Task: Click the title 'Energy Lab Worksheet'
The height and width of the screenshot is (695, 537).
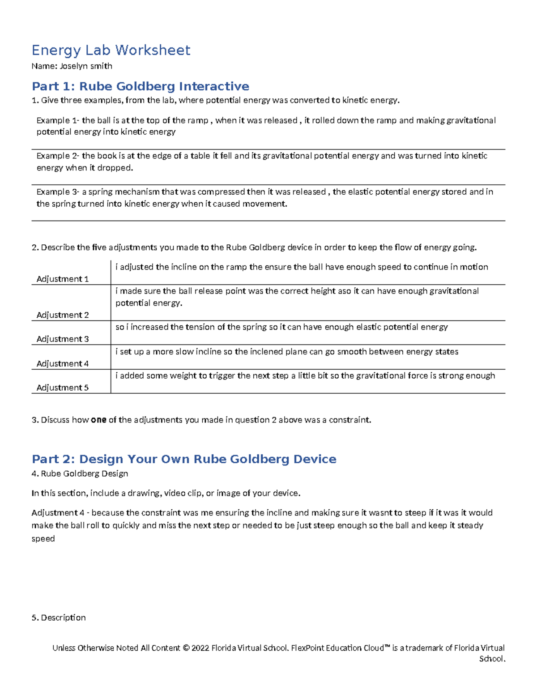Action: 111,50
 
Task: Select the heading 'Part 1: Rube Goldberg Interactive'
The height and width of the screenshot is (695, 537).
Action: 140,86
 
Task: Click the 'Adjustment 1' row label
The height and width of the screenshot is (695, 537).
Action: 62,279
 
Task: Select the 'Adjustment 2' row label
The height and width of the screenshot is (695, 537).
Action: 62,315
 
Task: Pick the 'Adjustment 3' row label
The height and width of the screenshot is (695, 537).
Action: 62,339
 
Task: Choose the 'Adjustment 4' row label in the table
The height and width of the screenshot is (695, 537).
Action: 62,363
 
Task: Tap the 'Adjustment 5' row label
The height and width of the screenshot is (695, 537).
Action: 62,388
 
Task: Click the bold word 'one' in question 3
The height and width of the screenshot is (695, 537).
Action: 98,420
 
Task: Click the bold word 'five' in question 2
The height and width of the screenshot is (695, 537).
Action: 99,247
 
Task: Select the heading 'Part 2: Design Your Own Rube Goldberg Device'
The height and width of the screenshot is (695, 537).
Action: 184,459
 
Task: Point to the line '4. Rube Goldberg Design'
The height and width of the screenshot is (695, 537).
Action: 80,473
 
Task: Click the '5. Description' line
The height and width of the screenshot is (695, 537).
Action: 59,618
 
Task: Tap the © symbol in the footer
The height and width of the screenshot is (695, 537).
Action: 186,648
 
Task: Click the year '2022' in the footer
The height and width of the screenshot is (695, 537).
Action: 200,648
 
